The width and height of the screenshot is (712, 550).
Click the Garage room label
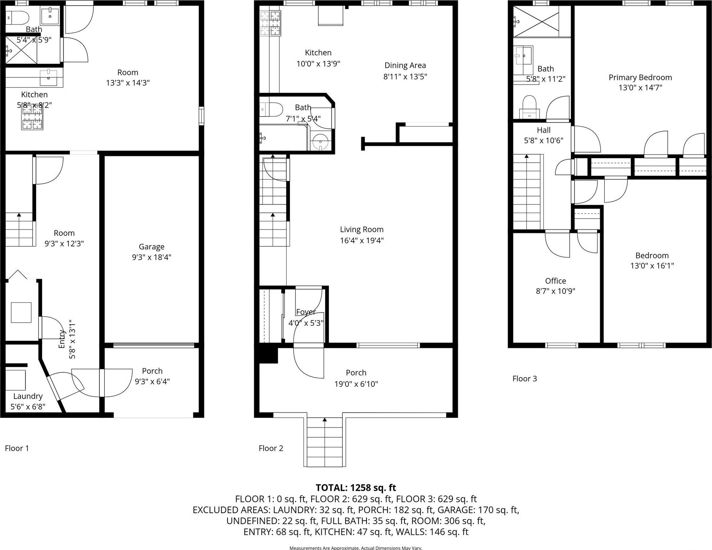(152, 247)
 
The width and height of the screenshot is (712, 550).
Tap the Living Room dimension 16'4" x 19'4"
(362, 240)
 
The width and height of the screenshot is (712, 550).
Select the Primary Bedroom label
(640, 77)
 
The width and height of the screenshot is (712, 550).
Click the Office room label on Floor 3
(555, 281)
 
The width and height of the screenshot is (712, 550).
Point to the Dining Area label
(405, 65)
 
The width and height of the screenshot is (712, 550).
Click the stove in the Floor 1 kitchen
(32, 118)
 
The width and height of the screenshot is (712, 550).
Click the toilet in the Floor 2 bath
(271, 109)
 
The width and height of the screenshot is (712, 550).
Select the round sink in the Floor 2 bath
(320, 142)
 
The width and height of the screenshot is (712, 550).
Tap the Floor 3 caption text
(525, 379)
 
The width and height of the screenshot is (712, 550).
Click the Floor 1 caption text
(17, 448)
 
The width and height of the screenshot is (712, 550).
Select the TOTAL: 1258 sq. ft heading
(356, 488)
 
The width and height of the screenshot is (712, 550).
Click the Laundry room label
(28, 396)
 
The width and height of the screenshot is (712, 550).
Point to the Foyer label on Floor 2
(306, 312)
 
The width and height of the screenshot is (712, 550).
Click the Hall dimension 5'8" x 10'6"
(543, 141)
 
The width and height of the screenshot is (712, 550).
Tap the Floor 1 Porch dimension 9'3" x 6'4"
(152, 381)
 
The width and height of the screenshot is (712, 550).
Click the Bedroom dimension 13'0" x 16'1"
(652, 266)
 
